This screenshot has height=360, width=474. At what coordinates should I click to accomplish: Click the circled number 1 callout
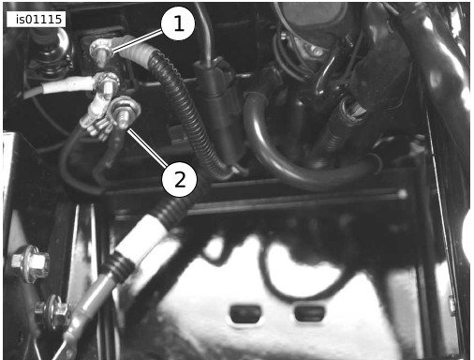click(x=178, y=23)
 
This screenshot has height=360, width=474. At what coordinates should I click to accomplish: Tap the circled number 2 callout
click(x=180, y=179)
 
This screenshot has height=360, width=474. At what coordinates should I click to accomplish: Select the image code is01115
click(x=37, y=20)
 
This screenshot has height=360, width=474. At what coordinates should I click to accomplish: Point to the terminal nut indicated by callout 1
click(x=99, y=50)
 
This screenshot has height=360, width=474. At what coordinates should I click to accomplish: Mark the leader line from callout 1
click(x=138, y=40)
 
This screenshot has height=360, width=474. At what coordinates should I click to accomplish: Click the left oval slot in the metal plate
click(x=245, y=314)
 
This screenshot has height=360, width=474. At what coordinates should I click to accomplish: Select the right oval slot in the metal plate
click(x=310, y=313)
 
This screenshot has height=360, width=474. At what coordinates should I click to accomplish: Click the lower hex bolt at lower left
click(x=52, y=311)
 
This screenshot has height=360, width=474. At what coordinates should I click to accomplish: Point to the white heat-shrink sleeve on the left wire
click(x=67, y=85)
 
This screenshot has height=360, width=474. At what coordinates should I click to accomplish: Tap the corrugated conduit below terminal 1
click(x=187, y=115)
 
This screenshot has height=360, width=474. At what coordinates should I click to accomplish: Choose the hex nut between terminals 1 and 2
click(x=108, y=82)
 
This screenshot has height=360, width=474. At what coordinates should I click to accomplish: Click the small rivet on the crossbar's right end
click(x=402, y=194)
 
